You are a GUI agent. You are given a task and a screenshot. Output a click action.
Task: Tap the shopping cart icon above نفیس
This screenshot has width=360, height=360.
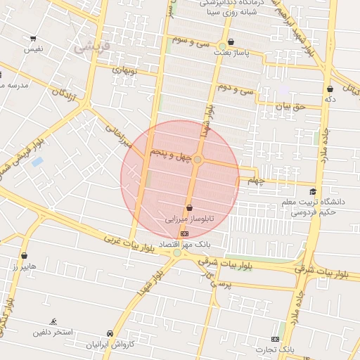[x=33, y=39]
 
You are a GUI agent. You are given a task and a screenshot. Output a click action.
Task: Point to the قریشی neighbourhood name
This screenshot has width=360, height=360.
[x=92, y=47]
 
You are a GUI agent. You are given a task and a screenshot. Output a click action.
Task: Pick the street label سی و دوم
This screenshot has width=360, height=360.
[x=235, y=89]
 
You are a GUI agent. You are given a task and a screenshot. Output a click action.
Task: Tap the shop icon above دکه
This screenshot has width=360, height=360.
[x=330, y=89]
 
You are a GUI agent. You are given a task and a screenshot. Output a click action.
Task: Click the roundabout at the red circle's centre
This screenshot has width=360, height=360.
[x=198, y=160]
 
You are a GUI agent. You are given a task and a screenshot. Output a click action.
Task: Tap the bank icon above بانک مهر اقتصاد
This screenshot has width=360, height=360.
[x=184, y=233]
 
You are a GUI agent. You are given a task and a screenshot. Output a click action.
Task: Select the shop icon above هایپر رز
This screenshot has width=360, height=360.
[x=26, y=256]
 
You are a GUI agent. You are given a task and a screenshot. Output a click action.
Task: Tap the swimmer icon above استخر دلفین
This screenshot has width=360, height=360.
[x=54, y=321]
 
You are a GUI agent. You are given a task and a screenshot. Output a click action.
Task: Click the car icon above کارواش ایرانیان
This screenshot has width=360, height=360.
[x=110, y=333]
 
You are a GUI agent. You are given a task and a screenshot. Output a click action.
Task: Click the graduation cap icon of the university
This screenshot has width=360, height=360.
[x=311, y=192]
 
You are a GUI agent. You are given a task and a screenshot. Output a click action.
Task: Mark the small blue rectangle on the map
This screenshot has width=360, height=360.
[x=37, y=162]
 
